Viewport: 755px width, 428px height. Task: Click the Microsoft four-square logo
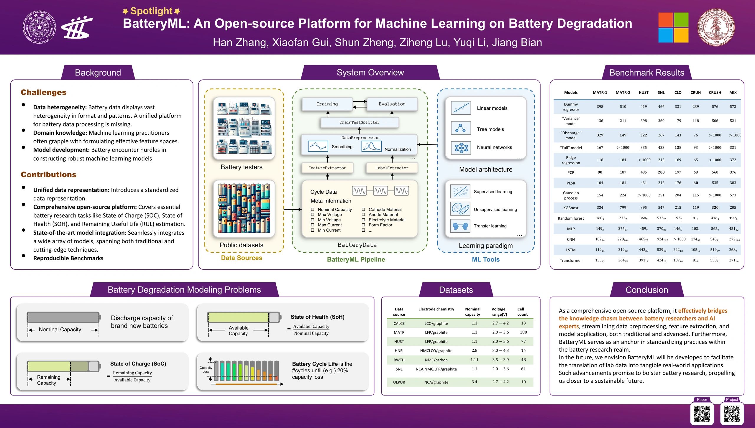(x=673, y=27)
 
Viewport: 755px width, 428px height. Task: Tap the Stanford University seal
(x=716, y=27)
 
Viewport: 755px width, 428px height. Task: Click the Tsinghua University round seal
(x=39, y=27)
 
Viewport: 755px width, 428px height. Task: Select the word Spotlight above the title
(x=151, y=11)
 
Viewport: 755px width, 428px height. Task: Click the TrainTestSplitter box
(x=359, y=122)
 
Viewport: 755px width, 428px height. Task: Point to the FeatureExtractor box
(x=327, y=168)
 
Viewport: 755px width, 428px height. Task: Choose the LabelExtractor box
(x=392, y=168)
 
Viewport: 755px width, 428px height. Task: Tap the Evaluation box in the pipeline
(x=392, y=104)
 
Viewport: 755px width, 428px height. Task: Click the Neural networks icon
(x=461, y=148)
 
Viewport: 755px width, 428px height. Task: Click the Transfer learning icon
(x=460, y=226)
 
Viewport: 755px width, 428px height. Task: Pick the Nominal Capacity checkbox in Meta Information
(x=313, y=210)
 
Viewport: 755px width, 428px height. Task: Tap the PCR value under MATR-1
(x=600, y=172)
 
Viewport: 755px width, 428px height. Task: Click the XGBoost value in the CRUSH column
(x=715, y=208)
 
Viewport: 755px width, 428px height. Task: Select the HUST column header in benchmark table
(x=644, y=93)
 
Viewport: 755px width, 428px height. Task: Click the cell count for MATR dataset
(x=523, y=332)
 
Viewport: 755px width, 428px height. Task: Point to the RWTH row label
(x=399, y=360)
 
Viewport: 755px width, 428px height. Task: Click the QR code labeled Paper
(x=702, y=414)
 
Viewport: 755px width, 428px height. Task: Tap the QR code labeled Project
(x=732, y=414)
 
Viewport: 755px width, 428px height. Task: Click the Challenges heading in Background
(x=44, y=93)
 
